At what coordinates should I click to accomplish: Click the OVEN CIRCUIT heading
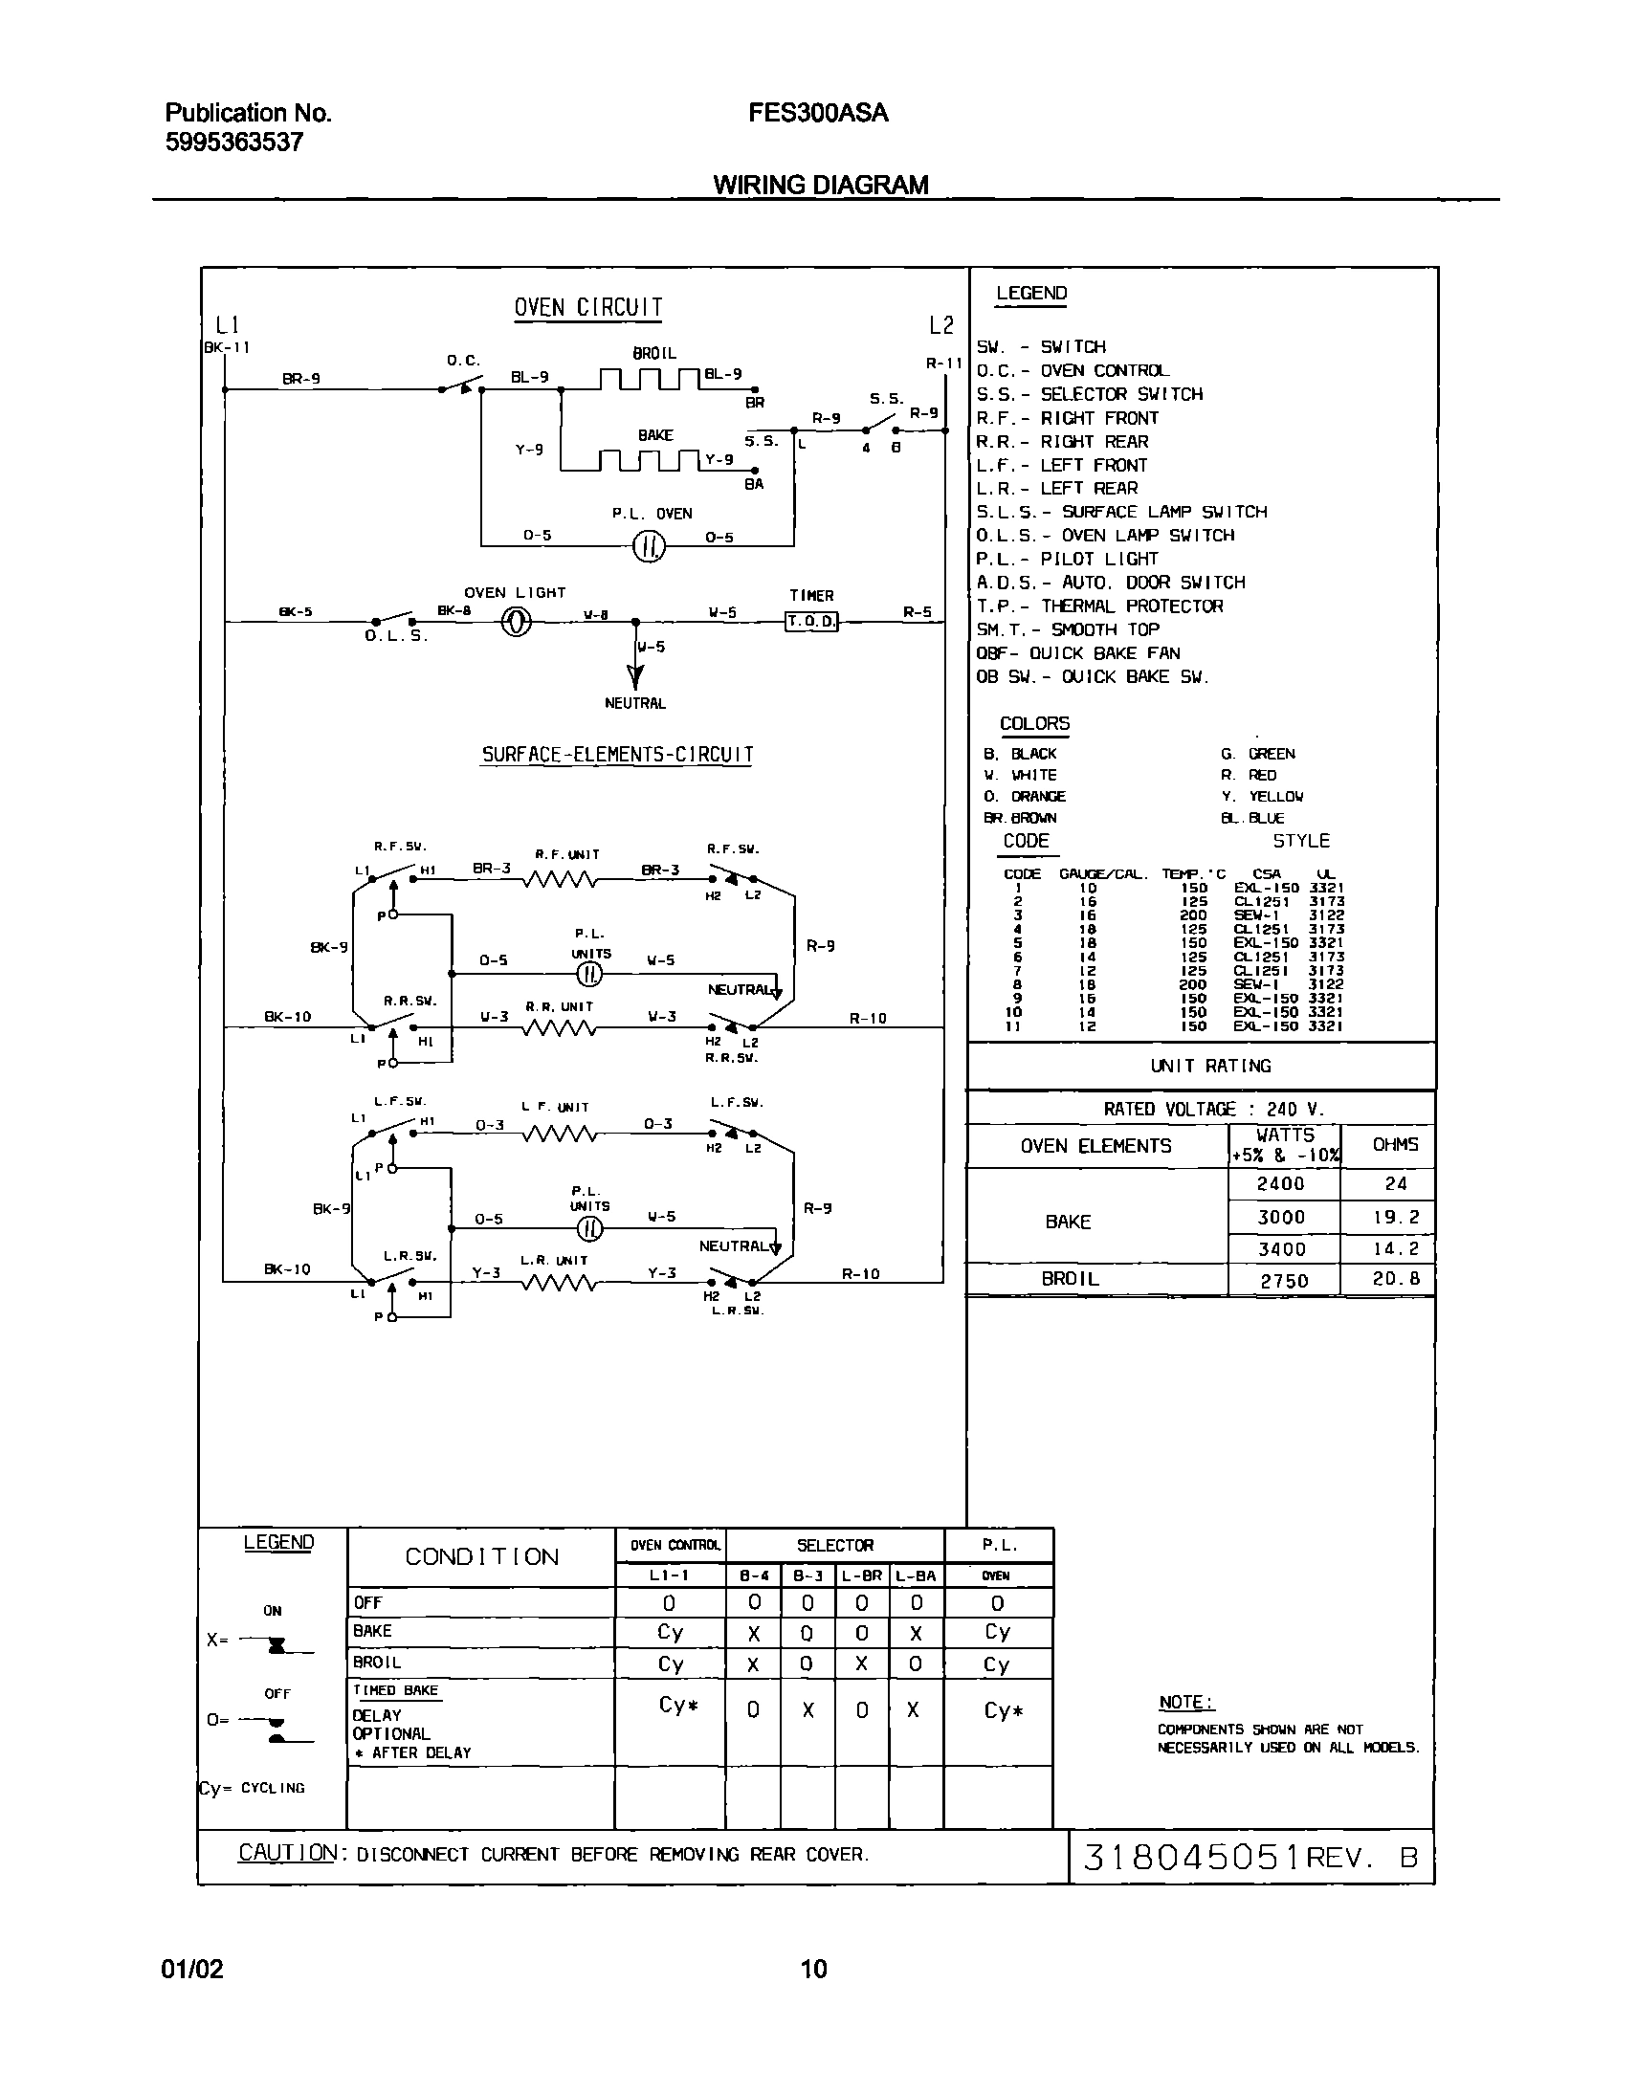[587, 308]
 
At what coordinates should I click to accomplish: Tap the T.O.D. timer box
[810, 621]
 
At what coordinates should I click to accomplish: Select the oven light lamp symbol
[517, 622]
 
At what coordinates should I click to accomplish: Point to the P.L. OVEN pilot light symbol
[649, 546]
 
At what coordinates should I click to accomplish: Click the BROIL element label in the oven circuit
[653, 354]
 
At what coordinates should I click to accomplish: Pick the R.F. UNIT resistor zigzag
[560, 879]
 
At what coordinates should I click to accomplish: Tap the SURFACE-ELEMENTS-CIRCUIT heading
[617, 754]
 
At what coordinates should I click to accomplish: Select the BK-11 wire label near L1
[227, 348]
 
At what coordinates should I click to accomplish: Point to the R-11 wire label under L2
[944, 364]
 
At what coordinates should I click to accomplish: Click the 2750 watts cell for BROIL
[1283, 1280]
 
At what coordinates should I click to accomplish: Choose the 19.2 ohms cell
[1395, 1217]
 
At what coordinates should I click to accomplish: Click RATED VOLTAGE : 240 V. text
[1212, 1109]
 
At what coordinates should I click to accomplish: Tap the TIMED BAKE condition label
[395, 1690]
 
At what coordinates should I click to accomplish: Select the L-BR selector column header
[861, 1575]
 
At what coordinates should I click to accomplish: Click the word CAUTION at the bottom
[288, 1853]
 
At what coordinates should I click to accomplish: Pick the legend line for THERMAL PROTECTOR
[1099, 606]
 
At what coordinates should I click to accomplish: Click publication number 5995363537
[234, 143]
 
